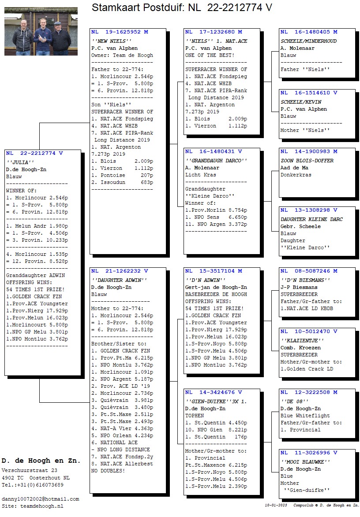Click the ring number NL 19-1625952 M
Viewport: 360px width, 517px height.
tap(120, 32)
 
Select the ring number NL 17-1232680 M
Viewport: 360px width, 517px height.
tap(214, 32)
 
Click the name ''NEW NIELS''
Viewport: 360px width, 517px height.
tap(112, 41)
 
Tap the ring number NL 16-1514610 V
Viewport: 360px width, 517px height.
tap(309, 93)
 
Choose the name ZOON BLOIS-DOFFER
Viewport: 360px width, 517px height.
tap(307, 161)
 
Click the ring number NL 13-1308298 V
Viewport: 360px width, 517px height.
tap(309, 210)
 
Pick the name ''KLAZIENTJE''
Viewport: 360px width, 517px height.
tap(302, 341)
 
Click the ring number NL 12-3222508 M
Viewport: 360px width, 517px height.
tap(309, 392)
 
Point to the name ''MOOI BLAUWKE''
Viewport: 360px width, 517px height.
tap(305, 462)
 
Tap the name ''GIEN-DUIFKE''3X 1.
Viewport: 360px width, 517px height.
tap(216, 401)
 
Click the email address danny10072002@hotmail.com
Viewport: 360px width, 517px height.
tap(40, 499)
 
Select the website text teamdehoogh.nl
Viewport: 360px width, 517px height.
tap(42, 506)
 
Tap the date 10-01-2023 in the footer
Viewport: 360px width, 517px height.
tap(276, 505)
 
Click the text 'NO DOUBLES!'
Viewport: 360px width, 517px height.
tap(108, 471)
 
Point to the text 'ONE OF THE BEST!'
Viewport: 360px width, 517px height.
tap(210, 56)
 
